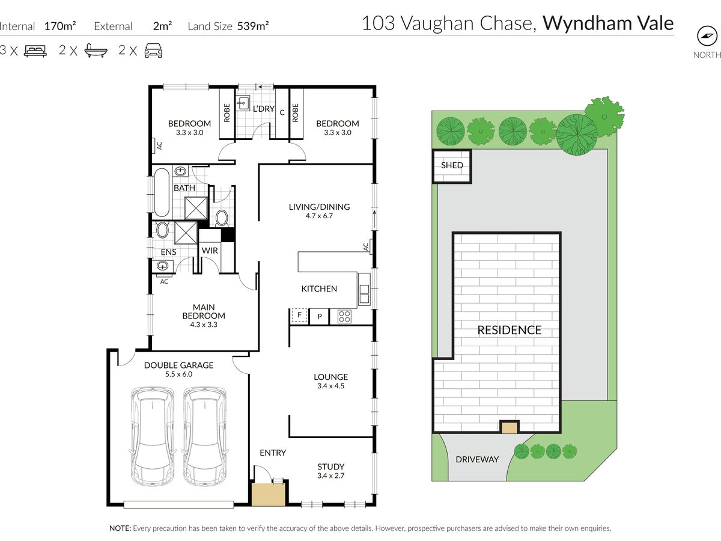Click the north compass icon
pos(707,36)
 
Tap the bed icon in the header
pos(35,51)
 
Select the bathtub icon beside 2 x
pos(96,51)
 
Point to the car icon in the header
pos(153,51)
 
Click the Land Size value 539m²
pos(253,26)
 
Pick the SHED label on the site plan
pos(452,165)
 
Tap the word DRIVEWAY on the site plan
pos(477,459)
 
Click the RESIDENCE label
pos(509,330)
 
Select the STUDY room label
pos(331,467)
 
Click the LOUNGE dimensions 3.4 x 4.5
pos(331,386)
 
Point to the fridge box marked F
pos(299,316)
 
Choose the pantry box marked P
pos(319,317)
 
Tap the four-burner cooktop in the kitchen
pos(344,317)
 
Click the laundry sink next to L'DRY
pos(243,103)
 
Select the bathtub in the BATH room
pos(162,192)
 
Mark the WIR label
pos(210,251)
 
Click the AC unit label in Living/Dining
pos(366,246)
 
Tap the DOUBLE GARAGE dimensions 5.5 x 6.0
pos(178,374)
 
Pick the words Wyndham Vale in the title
pos(608,23)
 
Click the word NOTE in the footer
pos(120,528)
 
